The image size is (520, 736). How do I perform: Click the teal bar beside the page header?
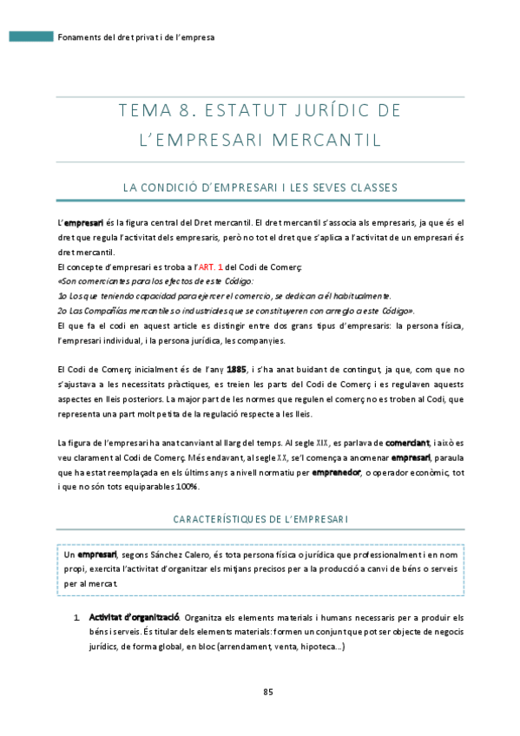coord(30,37)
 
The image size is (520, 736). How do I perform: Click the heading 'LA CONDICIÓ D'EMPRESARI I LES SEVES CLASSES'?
coord(260,187)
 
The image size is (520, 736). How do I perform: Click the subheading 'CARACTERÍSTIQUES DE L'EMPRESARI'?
coord(260,519)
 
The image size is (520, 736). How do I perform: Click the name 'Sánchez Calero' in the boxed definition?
coord(176,554)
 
